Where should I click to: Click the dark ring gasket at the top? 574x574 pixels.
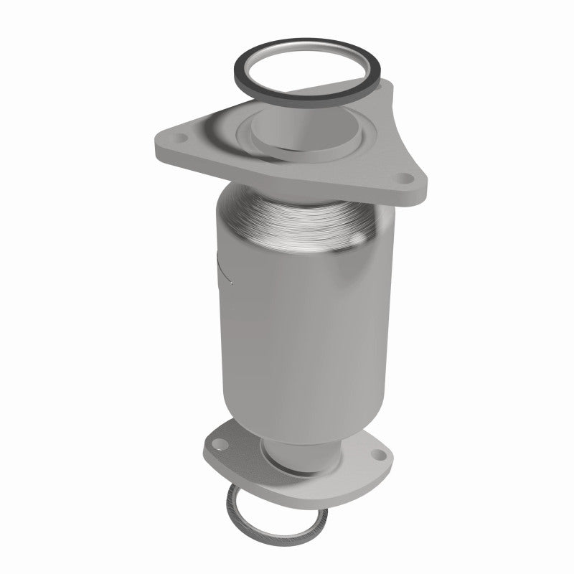(240, 72)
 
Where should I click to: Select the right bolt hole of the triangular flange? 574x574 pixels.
(407, 176)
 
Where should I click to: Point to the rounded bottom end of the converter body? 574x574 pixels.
(301, 427)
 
